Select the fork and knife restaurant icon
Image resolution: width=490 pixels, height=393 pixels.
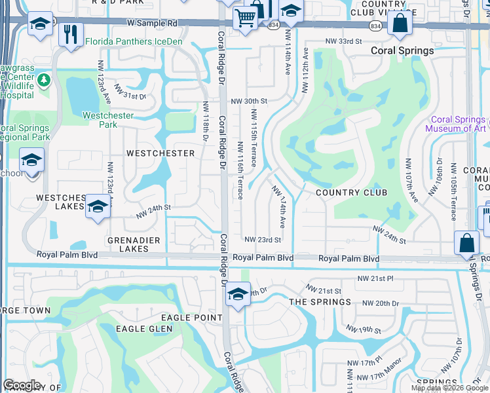pos(71,33)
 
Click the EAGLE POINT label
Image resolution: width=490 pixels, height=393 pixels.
pos(184,318)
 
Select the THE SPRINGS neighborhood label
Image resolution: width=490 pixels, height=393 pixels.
pos(320,302)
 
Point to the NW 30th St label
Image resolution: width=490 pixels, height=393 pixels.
pos(250,102)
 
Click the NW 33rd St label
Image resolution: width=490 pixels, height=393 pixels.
pos(344,41)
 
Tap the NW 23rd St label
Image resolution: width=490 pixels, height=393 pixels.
pos(263,240)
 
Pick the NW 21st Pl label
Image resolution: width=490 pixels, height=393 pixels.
pos(375,279)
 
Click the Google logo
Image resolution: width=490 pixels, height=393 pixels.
pos(22,384)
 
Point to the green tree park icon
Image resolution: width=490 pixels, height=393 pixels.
pos(44,80)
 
